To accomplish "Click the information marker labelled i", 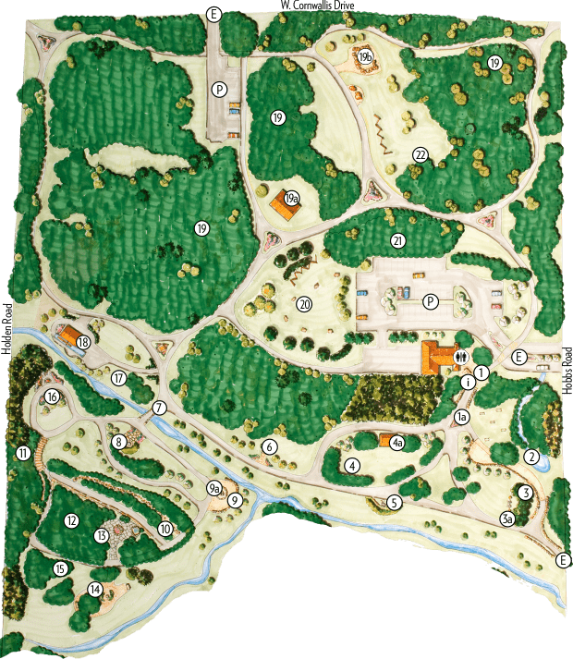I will (469, 380).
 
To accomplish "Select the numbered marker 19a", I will (291, 198).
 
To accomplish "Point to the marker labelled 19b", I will (366, 57).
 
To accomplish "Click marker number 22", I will (421, 154).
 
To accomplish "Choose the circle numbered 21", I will (398, 240).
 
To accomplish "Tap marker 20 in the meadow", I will (305, 302).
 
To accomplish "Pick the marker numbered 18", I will (84, 342).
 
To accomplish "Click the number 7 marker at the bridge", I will (159, 408).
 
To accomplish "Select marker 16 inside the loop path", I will (52, 397).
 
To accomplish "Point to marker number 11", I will (23, 452).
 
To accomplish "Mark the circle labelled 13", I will (103, 535).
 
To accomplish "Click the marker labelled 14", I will (94, 589).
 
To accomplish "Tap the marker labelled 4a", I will (397, 444).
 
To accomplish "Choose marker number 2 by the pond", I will (531, 456).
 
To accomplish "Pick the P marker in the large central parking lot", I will (430, 301).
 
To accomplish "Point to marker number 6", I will (270, 446).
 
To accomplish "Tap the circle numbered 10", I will (165, 529).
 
